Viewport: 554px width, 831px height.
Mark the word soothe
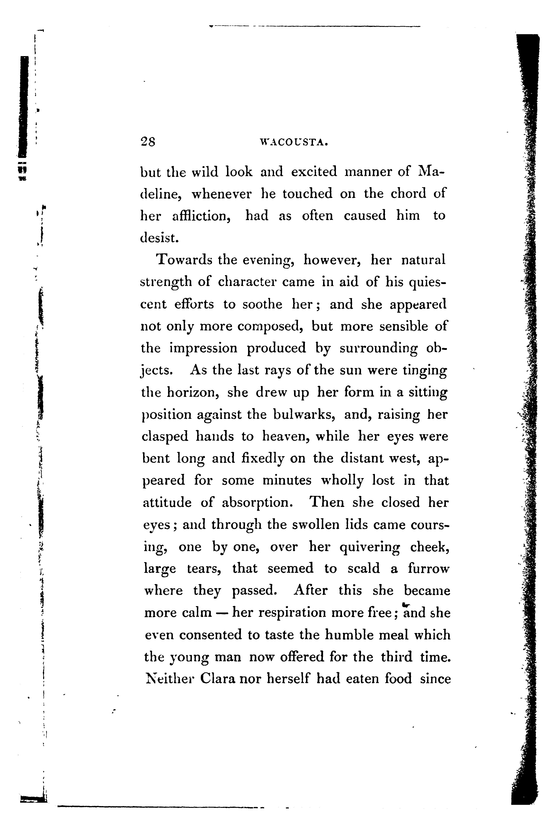tap(262, 304)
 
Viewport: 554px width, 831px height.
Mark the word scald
tap(364, 569)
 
